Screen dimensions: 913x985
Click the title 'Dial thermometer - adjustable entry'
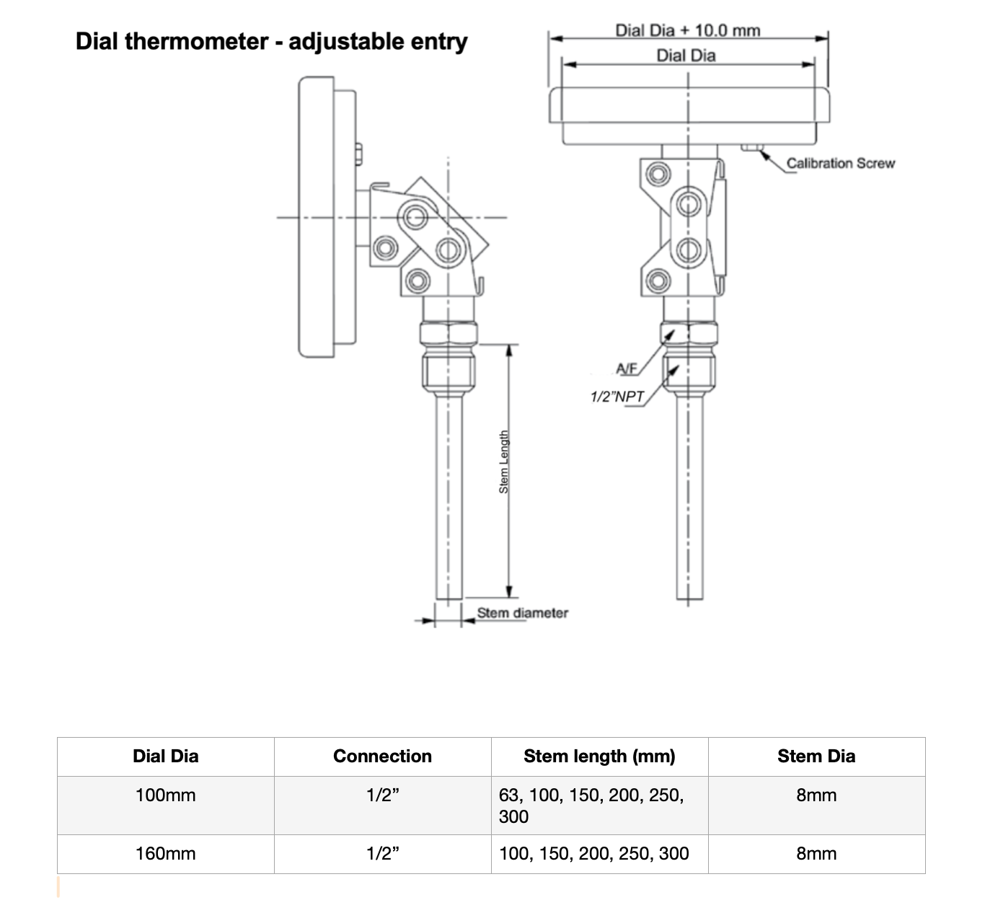coord(271,41)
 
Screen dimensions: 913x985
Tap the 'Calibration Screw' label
coord(840,164)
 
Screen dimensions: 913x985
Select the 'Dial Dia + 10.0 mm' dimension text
coord(687,30)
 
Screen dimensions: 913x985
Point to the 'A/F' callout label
coord(626,369)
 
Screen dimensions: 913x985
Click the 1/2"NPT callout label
coord(617,396)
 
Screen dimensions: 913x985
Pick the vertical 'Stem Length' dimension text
coord(504,462)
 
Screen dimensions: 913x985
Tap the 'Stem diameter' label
coord(522,613)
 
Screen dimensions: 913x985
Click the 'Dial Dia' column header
coord(165,756)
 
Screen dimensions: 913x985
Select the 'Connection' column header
coord(382,756)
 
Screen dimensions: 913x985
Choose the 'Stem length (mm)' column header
coord(599,756)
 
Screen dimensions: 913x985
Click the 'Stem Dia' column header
coord(816,756)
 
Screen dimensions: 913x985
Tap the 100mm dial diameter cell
coord(165,795)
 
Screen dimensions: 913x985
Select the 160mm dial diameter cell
coord(165,854)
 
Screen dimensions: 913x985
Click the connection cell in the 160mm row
coord(382,854)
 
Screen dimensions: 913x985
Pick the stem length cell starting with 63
coord(591,806)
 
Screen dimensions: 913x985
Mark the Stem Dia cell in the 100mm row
coord(816,795)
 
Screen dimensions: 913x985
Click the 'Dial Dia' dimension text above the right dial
coord(686,56)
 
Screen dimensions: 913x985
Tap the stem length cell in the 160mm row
coord(593,854)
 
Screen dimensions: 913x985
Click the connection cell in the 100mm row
coord(382,795)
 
